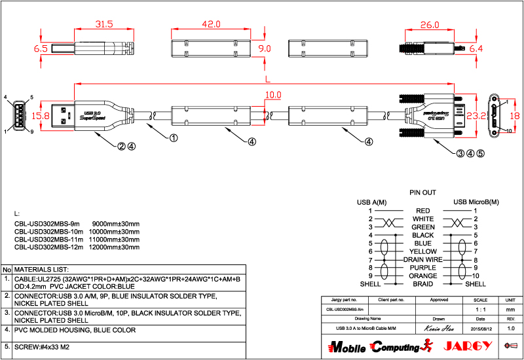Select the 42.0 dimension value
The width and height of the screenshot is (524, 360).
pyautogui.click(x=211, y=24)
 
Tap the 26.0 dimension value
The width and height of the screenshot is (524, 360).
pyautogui.click(x=429, y=25)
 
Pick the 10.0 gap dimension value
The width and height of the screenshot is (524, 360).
pyautogui.click(x=273, y=95)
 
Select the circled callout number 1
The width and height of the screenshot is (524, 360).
pyautogui.click(x=174, y=138)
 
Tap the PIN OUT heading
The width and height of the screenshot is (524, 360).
pyautogui.click(x=422, y=193)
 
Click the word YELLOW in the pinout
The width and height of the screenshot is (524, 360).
pyautogui.click(x=422, y=251)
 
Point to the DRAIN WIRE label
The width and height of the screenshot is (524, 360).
pyautogui.click(x=422, y=260)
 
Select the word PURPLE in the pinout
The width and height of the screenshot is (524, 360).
pyautogui.click(x=422, y=268)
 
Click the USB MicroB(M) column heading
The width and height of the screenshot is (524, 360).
pyautogui.click(x=476, y=202)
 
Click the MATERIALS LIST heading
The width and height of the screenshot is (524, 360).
pyautogui.click(x=42, y=269)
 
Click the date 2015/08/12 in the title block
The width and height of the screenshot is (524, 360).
pyautogui.click(x=479, y=327)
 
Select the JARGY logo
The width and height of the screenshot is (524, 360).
pyautogui.click(x=464, y=346)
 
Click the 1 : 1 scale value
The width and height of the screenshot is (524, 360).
pyautogui.click(x=479, y=308)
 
